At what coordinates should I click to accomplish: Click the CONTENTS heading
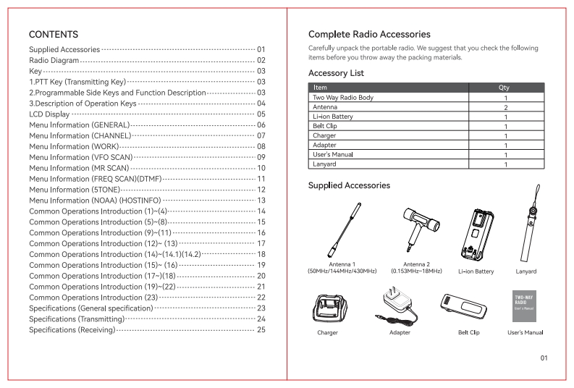pyautogui.click(x=53, y=33)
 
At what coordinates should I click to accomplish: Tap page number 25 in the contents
pyautogui.click(x=262, y=330)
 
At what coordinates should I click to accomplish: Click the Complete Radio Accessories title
pyautogui.click(x=369, y=33)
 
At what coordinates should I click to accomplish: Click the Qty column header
pyautogui.click(x=504, y=87)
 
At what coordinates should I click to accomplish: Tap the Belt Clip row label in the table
pyautogui.click(x=326, y=125)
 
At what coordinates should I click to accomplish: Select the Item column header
pyautogui.click(x=321, y=87)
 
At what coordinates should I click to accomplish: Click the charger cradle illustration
pyautogui.click(x=328, y=307)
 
